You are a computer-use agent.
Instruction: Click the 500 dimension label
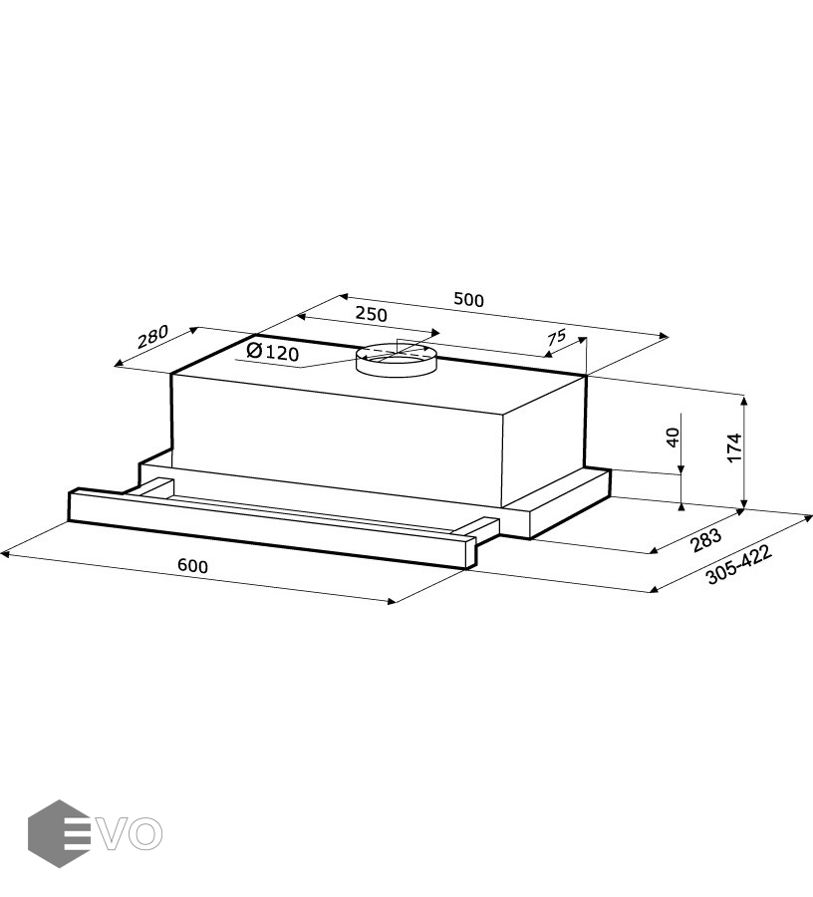point(469,299)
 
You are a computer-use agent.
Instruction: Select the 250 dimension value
point(372,314)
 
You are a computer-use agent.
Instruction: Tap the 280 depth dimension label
point(152,337)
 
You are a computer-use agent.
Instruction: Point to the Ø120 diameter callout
point(273,352)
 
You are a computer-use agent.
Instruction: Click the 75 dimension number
point(556,338)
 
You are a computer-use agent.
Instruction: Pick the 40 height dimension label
point(674,438)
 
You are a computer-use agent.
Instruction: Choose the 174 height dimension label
point(734,448)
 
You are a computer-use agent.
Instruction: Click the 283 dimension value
point(706,540)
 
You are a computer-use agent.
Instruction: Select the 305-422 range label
point(738,564)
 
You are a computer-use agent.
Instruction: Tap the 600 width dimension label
point(192,566)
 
